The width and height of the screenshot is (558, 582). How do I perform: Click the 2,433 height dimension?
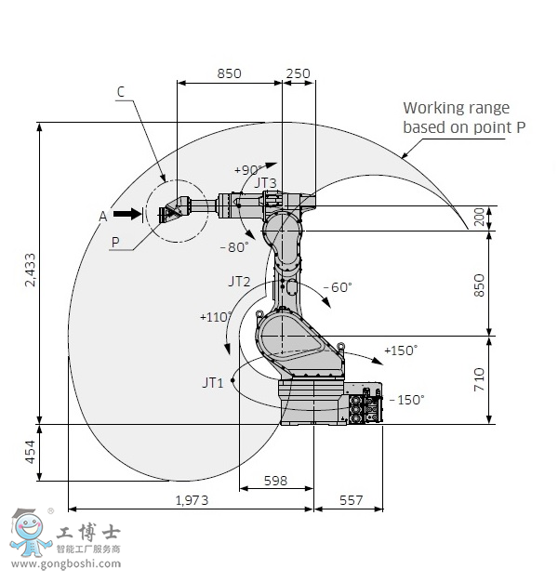tap(30, 271)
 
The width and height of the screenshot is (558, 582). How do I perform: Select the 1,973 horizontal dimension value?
tap(192, 499)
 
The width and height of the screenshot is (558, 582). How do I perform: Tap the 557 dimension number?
tap(351, 499)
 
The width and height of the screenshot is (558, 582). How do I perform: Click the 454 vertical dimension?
tap(30, 453)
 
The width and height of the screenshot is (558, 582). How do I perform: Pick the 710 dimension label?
tap(480, 379)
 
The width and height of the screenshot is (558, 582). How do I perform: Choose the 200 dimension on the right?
tap(480, 218)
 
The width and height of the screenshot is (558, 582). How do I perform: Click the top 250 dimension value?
tap(299, 73)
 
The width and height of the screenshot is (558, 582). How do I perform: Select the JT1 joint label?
tap(213, 382)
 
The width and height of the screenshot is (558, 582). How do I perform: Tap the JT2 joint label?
tap(240, 281)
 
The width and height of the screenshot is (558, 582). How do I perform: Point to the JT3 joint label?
tap(266, 183)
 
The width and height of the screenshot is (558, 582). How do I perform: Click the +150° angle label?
tap(401, 350)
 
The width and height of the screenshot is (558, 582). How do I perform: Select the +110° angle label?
tap(216, 316)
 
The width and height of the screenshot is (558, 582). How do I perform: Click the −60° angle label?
tap(337, 287)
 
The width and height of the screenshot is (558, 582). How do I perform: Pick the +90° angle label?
tap(248, 170)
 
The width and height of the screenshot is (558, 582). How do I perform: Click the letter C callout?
tap(121, 91)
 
